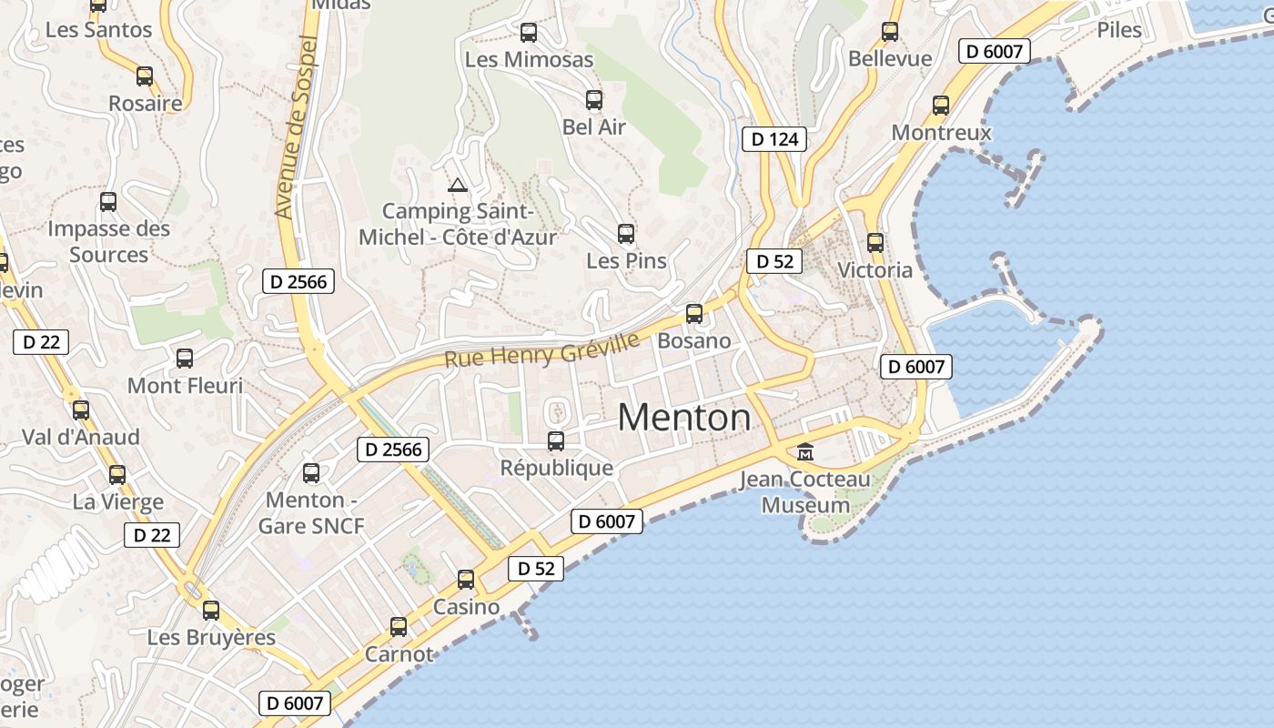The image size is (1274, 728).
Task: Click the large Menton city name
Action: click(x=684, y=418)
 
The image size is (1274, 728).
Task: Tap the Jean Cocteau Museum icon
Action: click(x=805, y=451)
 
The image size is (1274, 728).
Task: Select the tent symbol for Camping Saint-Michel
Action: click(x=458, y=186)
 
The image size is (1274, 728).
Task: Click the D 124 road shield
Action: click(x=775, y=139)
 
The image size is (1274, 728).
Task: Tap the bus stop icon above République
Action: click(x=556, y=441)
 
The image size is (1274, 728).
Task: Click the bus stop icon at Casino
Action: click(x=466, y=580)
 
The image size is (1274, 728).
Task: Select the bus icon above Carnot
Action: click(x=399, y=627)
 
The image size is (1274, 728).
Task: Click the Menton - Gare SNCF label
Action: click(x=311, y=513)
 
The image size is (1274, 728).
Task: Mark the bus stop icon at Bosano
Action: click(x=694, y=314)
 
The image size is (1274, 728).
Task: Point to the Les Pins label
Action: click(x=626, y=261)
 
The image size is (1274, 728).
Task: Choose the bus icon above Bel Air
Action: click(x=594, y=100)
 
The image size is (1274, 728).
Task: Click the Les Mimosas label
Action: click(x=529, y=60)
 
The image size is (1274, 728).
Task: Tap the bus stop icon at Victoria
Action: click(x=875, y=243)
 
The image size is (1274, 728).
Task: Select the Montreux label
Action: click(x=941, y=133)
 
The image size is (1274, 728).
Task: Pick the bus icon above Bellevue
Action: click(x=890, y=32)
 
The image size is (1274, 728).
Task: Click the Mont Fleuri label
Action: click(x=185, y=386)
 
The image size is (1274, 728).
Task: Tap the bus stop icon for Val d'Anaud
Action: click(x=81, y=410)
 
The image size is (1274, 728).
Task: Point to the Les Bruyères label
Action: click(x=211, y=638)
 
